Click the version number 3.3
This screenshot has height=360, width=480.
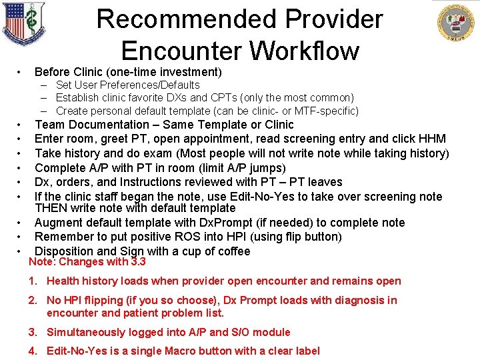point(139,262)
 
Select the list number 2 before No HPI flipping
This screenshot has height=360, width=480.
point(32,300)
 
